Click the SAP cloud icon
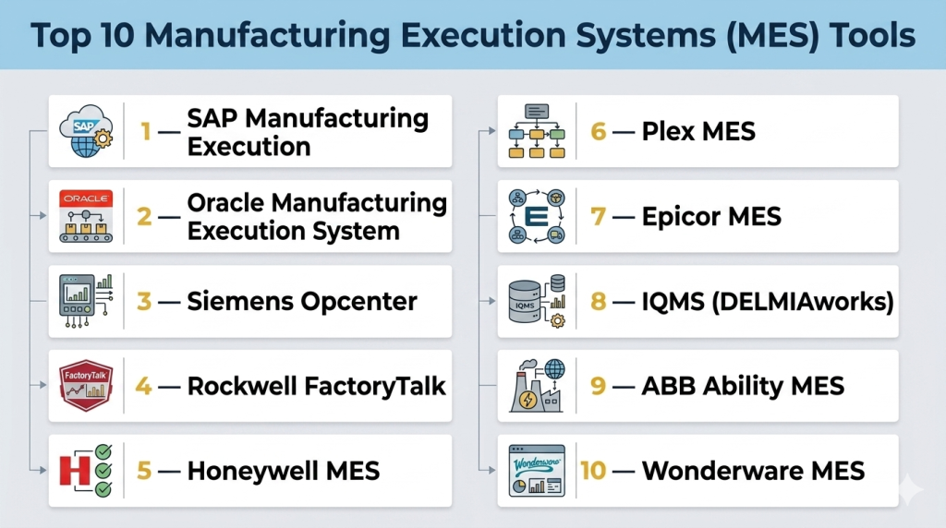pyautogui.click(x=86, y=131)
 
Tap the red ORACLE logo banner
pyautogui.click(x=86, y=198)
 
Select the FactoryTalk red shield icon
pyautogui.click(x=86, y=386)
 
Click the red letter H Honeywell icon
pyautogui.click(x=75, y=471)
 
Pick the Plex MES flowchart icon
pyautogui.click(x=537, y=131)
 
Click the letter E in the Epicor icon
pyautogui.click(x=537, y=216)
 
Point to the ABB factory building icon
pyautogui.click(x=537, y=386)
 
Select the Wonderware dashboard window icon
pyautogui.click(x=537, y=471)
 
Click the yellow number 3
pyautogui.click(x=143, y=301)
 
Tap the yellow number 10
pyautogui.click(x=593, y=471)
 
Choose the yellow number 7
pyautogui.click(x=598, y=216)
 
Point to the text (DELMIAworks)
pyautogui.click(x=803, y=301)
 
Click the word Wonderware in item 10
pyautogui.click(x=722, y=471)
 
